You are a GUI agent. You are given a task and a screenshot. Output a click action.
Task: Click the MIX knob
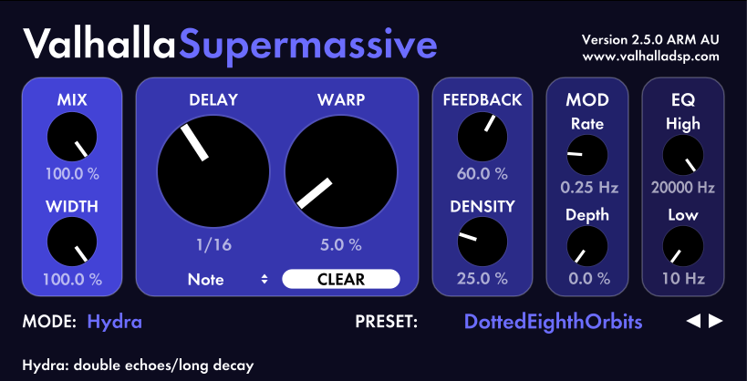(x=72, y=137)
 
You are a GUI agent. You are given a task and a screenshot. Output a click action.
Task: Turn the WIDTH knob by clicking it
(x=72, y=242)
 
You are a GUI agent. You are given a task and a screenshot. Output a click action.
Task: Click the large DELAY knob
(x=213, y=171)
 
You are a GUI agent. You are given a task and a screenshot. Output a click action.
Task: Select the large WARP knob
(x=341, y=171)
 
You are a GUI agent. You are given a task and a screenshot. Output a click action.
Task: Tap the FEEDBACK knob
(x=482, y=137)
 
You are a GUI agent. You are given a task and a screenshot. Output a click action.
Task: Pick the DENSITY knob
(x=482, y=242)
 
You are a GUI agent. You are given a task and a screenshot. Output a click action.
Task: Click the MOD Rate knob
(x=587, y=155)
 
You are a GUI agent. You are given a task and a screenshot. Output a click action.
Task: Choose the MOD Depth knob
(x=587, y=246)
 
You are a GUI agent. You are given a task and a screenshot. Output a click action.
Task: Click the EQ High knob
(x=683, y=155)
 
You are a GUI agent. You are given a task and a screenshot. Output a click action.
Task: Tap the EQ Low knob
(x=683, y=246)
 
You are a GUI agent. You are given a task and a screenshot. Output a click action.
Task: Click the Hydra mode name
(x=115, y=323)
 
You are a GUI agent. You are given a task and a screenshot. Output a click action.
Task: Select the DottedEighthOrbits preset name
(x=553, y=323)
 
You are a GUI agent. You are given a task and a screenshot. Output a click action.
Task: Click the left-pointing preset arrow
(x=693, y=322)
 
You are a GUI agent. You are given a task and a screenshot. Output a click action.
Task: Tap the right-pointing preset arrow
(x=716, y=322)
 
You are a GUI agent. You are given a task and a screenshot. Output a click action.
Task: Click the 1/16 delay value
(x=214, y=245)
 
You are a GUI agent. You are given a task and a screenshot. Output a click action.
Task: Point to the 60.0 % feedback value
(x=482, y=174)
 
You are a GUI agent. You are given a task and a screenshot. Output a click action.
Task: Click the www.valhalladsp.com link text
(x=650, y=57)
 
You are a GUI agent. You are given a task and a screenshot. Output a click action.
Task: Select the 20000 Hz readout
(x=683, y=188)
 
